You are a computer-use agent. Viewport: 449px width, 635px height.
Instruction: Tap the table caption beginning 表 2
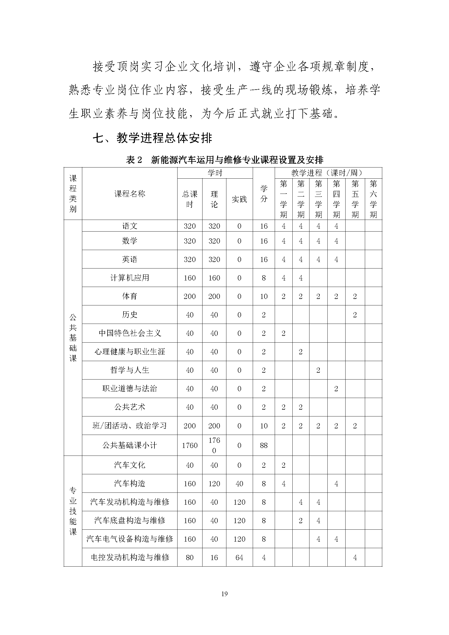[224, 160]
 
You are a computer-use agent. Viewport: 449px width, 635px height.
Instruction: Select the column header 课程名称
[129, 194]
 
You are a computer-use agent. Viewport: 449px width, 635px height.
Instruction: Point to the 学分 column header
[264, 194]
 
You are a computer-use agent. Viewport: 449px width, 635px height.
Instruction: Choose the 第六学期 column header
[373, 199]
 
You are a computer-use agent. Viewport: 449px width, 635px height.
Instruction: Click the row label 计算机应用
[129, 278]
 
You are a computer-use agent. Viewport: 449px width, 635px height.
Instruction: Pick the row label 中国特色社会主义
[129, 333]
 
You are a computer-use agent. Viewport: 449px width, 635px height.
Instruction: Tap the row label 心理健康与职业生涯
[129, 352]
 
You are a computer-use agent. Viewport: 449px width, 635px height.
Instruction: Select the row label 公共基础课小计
[129, 445]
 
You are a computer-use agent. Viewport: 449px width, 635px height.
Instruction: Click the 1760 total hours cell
[190, 445]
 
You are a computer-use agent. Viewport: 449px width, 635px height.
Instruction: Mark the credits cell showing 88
[264, 445]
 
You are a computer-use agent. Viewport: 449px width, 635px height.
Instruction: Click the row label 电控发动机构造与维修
[129, 558]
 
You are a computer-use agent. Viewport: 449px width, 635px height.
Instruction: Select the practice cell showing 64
[239, 558]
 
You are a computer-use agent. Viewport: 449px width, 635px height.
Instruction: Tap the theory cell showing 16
[214, 558]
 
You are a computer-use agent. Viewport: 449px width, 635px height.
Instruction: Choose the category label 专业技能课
[73, 511]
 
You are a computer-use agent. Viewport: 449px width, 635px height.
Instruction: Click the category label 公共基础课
[73, 338]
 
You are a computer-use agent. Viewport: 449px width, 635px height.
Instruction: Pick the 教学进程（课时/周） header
[328, 173]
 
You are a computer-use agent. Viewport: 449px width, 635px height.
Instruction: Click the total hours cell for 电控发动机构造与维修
[190, 558]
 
